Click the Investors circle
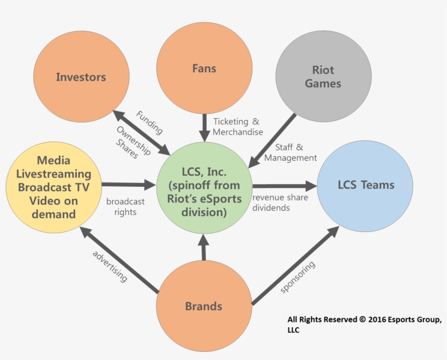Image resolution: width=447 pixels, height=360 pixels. coord(81,77)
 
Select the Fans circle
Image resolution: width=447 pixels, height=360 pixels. coord(204,69)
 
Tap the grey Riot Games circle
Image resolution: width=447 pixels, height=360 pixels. coord(323,77)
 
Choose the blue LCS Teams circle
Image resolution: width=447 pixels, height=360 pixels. coord(365,186)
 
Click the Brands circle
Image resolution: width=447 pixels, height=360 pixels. coord(204,306)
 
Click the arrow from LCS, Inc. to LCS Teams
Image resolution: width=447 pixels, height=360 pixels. coord(283,185)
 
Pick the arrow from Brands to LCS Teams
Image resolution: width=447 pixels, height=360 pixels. coord(295,265)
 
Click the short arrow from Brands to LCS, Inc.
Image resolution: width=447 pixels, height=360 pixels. coord(204,247)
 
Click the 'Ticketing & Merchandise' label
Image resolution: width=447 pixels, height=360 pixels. coord(238,126)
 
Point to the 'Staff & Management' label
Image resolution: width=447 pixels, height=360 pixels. coord(290,152)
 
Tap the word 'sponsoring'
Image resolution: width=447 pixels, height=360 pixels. coord(298,277)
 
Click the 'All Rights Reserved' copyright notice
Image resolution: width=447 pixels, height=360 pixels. coord(364,325)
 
